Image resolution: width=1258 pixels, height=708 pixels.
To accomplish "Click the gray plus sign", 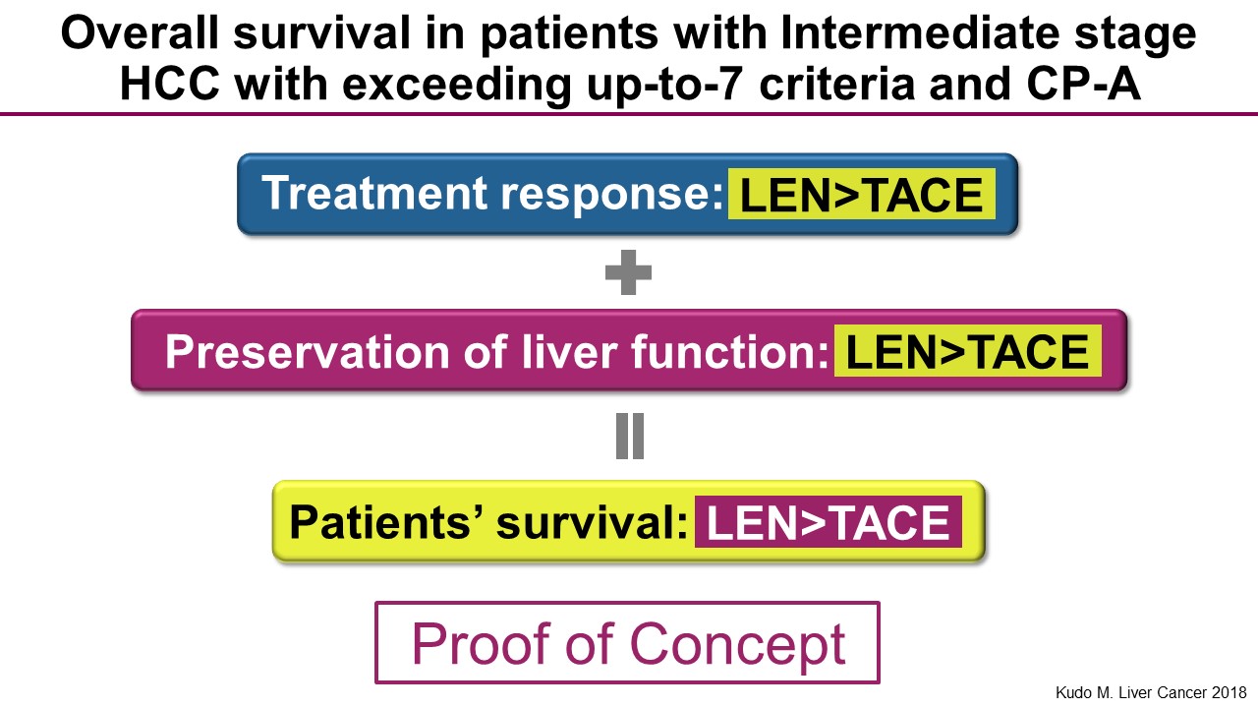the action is point(628,272).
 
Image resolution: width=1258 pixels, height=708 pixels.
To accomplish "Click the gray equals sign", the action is point(630,437).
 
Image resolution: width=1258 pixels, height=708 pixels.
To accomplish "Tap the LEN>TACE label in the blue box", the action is point(862,195).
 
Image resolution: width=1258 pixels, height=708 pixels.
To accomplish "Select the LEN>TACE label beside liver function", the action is point(968,351).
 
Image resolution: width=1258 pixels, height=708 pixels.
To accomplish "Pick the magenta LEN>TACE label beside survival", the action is point(829,522).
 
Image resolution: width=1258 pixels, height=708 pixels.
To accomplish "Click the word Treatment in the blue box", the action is point(374,193).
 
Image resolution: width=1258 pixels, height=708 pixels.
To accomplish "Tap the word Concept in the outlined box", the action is point(738,646).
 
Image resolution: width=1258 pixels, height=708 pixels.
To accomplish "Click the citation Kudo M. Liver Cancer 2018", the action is point(1151,692).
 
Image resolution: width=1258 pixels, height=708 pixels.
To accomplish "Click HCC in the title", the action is point(170,85).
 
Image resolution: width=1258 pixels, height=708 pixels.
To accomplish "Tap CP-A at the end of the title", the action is point(1084,85).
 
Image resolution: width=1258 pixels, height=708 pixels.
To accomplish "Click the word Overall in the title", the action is point(140,33).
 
